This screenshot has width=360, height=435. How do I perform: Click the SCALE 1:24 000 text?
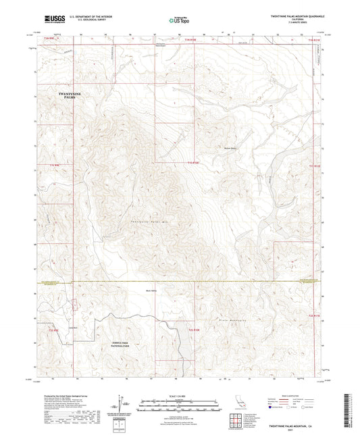(x=180, y=395)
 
